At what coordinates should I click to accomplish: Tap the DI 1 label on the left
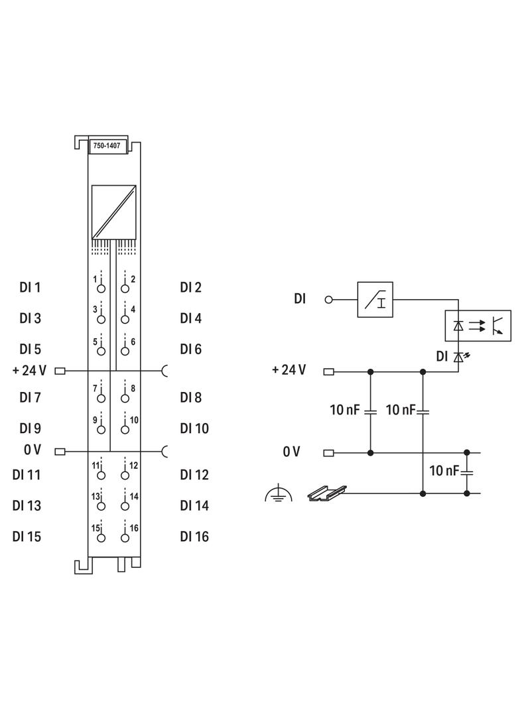tap(30, 288)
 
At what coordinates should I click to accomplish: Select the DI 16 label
tap(194, 537)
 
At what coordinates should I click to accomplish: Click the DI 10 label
tap(194, 428)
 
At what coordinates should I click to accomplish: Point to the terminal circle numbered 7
tap(101, 399)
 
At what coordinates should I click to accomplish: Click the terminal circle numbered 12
tap(125, 476)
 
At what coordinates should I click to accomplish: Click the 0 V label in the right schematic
tap(291, 452)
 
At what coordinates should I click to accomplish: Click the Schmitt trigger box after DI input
tap(375, 299)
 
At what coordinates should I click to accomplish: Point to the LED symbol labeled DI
tap(458, 357)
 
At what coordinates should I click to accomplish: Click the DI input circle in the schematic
tap(328, 299)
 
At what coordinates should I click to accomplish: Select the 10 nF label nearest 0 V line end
tap(444, 471)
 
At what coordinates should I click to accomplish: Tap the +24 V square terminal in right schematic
tap(328, 371)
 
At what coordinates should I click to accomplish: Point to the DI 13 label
tap(27, 506)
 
